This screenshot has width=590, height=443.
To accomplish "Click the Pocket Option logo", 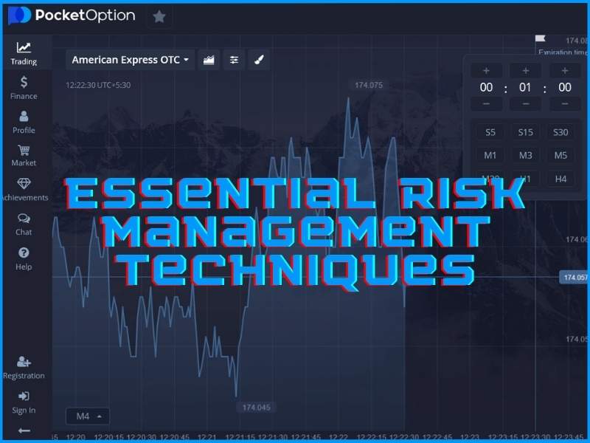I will [x=72, y=16].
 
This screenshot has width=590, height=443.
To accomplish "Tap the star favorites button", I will [x=159, y=16].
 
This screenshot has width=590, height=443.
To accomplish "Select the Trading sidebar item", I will [x=24, y=53].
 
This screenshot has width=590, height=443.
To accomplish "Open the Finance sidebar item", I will [x=24, y=87].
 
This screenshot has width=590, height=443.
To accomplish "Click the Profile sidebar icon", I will [x=24, y=117].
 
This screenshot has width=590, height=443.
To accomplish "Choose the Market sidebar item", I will [x=24, y=154].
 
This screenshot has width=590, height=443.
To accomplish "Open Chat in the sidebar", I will [x=24, y=224].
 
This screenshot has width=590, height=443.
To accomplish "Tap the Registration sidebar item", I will [x=24, y=367].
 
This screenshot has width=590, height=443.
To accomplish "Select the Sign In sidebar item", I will [x=24, y=402].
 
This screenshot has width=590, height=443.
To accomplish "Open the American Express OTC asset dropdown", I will [x=130, y=60].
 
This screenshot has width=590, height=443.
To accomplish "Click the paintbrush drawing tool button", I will [x=259, y=60].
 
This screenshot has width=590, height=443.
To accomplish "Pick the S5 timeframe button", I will [x=490, y=133].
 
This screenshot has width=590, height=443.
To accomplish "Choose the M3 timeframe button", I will [x=525, y=156].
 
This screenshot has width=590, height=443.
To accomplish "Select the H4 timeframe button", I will [x=560, y=179].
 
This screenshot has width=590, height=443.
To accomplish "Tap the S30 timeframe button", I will [x=560, y=133].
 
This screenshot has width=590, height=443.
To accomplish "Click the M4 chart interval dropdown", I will [x=88, y=416].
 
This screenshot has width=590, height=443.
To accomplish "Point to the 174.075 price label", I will [x=369, y=86].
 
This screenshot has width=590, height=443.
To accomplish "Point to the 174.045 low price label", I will [x=256, y=408].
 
